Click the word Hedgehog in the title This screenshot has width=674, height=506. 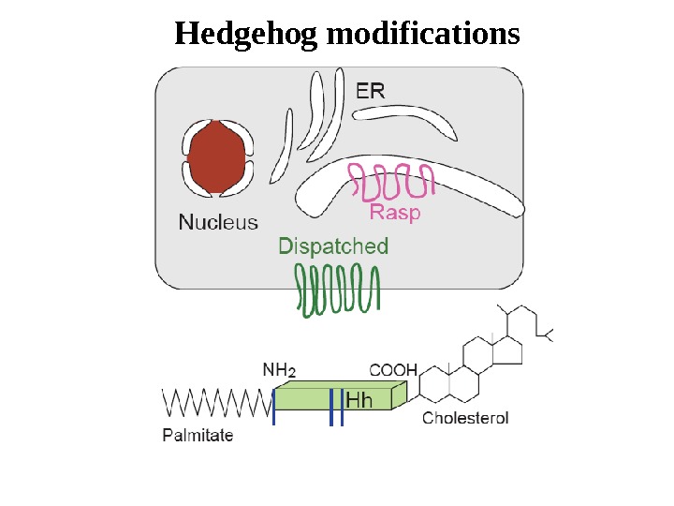point(244,36)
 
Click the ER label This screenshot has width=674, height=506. point(371,90)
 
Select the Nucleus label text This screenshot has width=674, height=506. point(218,223)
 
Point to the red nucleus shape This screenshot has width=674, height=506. point(218,157)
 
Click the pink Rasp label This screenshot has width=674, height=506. point(395,213)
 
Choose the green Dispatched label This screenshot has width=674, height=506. point(333,246)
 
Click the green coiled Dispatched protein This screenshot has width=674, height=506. point(338,290)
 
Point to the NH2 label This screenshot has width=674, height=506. point(279,369)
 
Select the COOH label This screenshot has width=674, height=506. point(393,369)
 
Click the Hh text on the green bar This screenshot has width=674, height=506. point(360,401)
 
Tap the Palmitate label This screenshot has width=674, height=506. point(198,435)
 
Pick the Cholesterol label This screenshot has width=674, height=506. point(465,418)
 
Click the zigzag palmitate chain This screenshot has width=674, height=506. point(215,404)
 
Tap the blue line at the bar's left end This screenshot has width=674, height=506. point(274,409)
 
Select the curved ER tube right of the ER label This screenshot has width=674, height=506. point(412,118)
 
